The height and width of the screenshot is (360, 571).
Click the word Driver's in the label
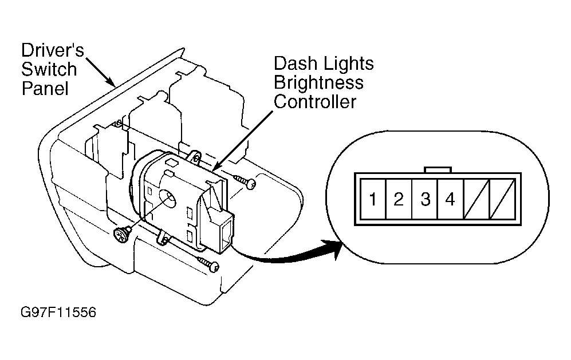coord(53,50)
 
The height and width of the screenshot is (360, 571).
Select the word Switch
coord(49,69)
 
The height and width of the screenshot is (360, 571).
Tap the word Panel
coord(45,89)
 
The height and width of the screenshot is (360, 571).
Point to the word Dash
coord(296,64)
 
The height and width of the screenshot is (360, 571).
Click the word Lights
coord(349,64)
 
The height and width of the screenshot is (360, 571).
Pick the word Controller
coord(315,101)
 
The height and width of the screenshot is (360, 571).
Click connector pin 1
coord(372,199)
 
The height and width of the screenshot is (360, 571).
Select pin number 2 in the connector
coord(399,199)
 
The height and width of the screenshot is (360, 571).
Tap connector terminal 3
coord(425,199)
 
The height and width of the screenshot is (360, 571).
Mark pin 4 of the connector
coord(451,199)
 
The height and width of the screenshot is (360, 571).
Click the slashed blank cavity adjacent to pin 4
coord(477,199)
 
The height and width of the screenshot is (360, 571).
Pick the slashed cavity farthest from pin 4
coord(502,199)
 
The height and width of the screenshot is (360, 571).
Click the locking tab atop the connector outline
coord(438,170)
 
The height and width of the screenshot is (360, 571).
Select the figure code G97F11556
coord(58,312)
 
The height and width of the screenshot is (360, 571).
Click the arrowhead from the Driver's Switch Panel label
coord(111,81)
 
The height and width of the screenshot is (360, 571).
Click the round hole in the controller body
coord(168,199)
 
